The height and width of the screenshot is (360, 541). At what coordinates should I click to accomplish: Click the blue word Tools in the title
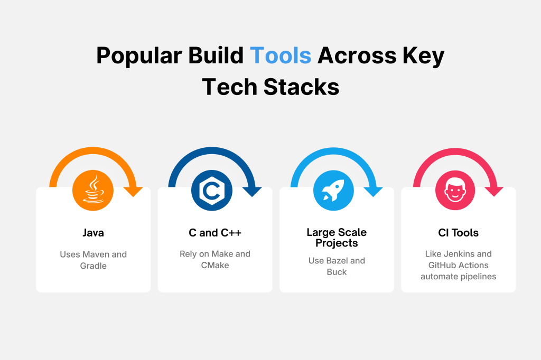click(281, 55)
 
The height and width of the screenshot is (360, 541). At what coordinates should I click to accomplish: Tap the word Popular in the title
click(139, 56)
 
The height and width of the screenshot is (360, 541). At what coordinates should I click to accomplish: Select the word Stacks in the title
click(301, 87)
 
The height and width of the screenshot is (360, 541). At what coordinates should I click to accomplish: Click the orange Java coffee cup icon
click(93, 190)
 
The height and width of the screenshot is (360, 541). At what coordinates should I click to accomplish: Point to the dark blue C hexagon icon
click(212, 190)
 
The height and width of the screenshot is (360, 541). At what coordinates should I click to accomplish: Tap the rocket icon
click(333, 190)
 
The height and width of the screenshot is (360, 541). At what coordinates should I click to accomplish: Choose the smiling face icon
click(455, 190)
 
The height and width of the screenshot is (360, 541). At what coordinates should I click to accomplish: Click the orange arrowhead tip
click(134, 197)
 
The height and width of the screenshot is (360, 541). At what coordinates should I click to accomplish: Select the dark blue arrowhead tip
click(253, 197)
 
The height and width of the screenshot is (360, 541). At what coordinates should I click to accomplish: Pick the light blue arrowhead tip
click(374, 197)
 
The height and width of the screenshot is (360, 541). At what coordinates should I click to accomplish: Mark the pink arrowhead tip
click(495, 197)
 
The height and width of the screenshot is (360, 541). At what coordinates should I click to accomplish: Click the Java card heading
click(93, 233)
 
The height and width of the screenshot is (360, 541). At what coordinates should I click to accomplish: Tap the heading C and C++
click(215, 233)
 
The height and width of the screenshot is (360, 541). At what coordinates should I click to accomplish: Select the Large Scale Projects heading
click(337, 238)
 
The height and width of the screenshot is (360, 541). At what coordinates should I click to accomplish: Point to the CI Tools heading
click(458, 233)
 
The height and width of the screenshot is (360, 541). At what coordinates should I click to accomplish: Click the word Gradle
click(93, 266)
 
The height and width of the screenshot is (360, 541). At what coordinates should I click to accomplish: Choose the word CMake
click(215, 265)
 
